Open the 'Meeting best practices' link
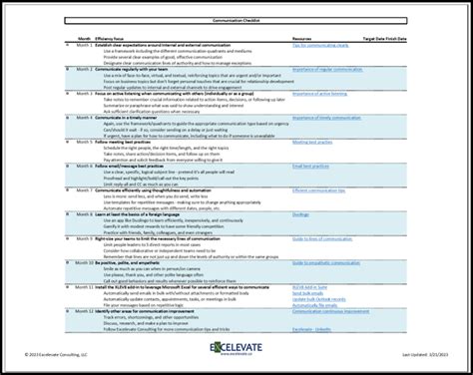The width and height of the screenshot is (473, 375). (312, 142)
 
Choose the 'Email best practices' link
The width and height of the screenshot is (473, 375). (310, 167)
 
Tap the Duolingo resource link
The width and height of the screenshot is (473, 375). (302, 214)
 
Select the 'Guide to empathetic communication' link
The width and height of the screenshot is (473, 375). (324, 262)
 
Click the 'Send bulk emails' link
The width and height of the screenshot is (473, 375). (308, 293)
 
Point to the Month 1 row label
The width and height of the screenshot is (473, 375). (85, 45)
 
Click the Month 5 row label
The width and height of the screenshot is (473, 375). (85, 142)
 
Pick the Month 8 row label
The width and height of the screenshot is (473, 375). (85, 214)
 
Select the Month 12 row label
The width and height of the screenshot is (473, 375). (85, 311)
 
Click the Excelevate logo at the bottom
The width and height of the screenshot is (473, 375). (236, 352)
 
